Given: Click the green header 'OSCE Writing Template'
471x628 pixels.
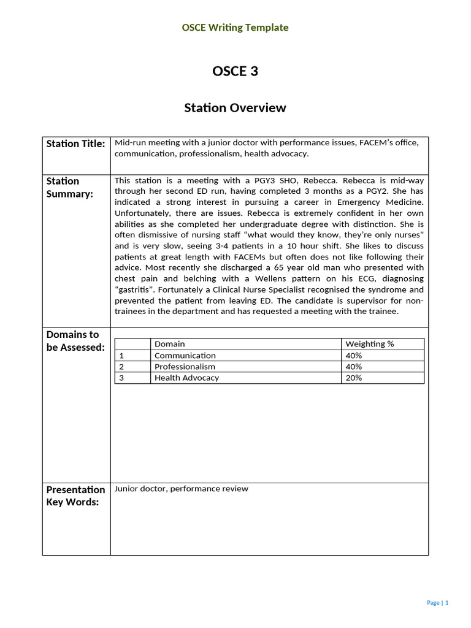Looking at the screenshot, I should (235, 28).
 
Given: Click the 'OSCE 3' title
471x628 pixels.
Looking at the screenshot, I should (235, 71).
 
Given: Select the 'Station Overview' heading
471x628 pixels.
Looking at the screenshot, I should (235, 108).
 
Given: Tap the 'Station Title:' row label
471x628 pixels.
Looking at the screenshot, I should (75, 144).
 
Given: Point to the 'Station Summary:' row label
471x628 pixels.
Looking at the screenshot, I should (70, 187).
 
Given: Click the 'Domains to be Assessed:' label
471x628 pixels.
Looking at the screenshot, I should (75, 341).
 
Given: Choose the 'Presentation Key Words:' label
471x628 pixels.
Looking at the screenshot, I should (75, 496).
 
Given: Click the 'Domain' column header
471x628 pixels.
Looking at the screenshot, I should (169, 344).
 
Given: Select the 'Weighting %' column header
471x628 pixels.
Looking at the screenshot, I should (369, 344).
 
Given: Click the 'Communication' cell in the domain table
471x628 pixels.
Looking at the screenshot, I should (185, 356).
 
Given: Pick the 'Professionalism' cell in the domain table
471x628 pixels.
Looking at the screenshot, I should (185, 367).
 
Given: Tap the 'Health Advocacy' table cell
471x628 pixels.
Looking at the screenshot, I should (186, 378).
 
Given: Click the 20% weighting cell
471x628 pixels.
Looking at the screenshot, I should (354, 378).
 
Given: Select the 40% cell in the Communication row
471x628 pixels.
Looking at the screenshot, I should (354, 356).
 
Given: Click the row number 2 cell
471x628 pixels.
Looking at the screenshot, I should (121, 367).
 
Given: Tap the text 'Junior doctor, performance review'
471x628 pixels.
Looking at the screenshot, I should (182, 489).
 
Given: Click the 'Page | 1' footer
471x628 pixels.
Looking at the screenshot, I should (437, 603).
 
